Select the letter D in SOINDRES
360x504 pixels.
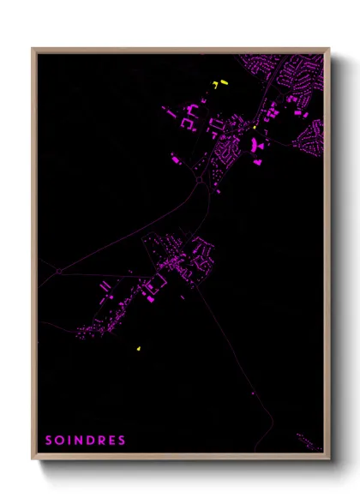point(91,441)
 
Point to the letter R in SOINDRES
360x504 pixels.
point(102,441)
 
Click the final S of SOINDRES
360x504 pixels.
point(123,441)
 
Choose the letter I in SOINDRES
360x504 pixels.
point(69,441)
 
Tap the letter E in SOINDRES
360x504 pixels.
point(112,441)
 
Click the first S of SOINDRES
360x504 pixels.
point(49,441)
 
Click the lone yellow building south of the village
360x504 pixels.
point(137,349)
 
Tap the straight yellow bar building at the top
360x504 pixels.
point(224,81)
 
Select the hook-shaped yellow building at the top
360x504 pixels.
point(214,85)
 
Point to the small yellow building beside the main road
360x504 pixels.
point(255,128)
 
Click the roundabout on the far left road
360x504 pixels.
point(58,271)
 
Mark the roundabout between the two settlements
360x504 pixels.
point(200,180)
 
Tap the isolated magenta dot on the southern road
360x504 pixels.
point(254,393)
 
